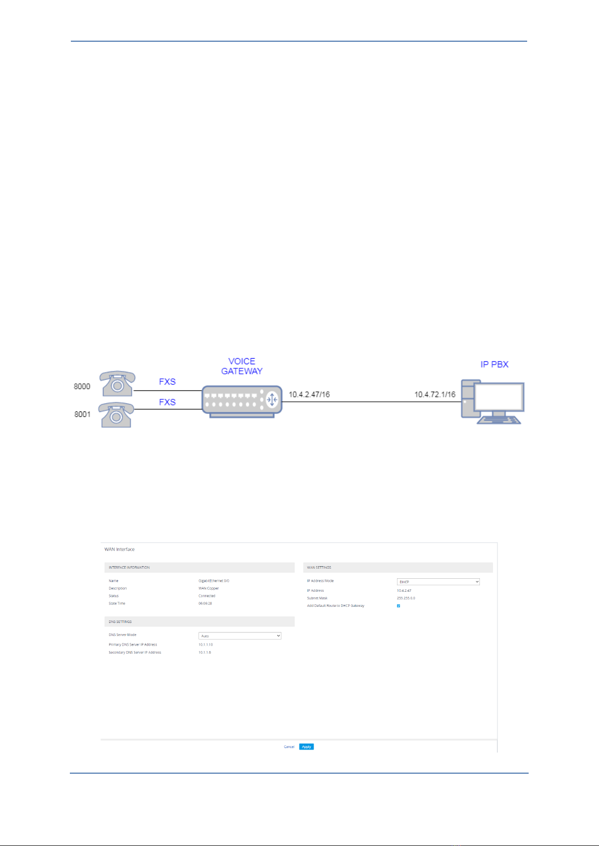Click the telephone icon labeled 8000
117,384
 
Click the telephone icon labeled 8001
116,415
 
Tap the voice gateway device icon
242,401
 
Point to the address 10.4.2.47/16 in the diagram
309,394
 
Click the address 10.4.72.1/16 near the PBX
435,394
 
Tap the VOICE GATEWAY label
242,366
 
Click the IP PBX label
494,364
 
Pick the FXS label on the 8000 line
167,382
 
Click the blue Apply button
306,747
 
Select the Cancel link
289,747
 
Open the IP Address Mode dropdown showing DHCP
438,582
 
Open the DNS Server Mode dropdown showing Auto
240,636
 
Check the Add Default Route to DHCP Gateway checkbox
398,606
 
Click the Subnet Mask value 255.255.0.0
406,598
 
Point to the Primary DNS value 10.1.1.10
206,645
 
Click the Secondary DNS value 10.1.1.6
205,653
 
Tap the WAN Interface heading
120,549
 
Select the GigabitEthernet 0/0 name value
214,581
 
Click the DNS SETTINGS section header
120,622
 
